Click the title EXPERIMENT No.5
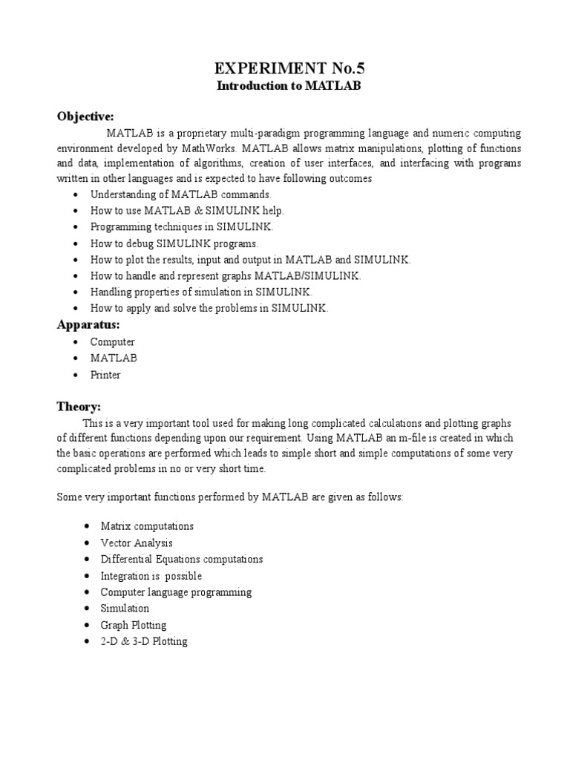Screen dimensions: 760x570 [x=290, y=69]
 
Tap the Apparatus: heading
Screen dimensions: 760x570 [x=89, y=324]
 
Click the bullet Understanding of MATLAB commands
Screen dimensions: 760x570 [x=175, y=194]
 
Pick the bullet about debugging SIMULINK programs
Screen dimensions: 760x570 [x=174, y=243]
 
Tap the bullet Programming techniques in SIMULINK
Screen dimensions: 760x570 [x=182, y=227]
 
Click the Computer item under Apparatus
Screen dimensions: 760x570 [x=113, y=342]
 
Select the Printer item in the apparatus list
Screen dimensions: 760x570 [x=105, y=375]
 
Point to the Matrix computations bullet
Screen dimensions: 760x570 [x=147, y=526]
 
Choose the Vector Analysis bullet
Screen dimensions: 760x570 [x=137, y=543]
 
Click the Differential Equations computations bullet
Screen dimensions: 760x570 [x=182, y=560]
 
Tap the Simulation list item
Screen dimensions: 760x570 [x=125, y=609]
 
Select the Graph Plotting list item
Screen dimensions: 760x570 [x=134, y=625]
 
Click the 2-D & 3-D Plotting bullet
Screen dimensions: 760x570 [x=144, y=641]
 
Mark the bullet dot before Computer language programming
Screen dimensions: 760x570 [x=88, y=592]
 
